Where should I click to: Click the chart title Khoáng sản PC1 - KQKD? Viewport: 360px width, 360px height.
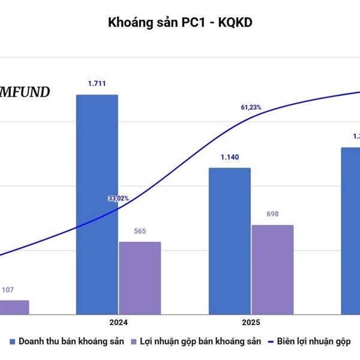180,23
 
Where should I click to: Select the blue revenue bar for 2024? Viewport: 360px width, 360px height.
97,204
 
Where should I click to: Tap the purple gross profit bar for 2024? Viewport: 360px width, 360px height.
140,278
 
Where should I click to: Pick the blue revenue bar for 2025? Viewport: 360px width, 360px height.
229,241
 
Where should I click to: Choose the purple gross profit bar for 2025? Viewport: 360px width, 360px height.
272,269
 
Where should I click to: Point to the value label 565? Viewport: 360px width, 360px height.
140,232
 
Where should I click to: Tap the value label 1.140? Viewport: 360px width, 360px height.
229,157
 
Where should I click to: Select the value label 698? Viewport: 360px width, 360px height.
272,214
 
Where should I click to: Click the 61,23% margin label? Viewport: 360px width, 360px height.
251,107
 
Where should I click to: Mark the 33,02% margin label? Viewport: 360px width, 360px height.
118,198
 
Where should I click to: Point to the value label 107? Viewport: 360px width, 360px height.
8,290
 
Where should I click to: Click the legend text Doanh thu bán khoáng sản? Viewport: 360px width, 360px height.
71,341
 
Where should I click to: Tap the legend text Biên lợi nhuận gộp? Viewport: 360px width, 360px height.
316,341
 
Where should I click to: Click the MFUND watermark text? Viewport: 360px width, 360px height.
25,92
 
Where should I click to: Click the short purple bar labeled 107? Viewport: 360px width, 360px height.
13,307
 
